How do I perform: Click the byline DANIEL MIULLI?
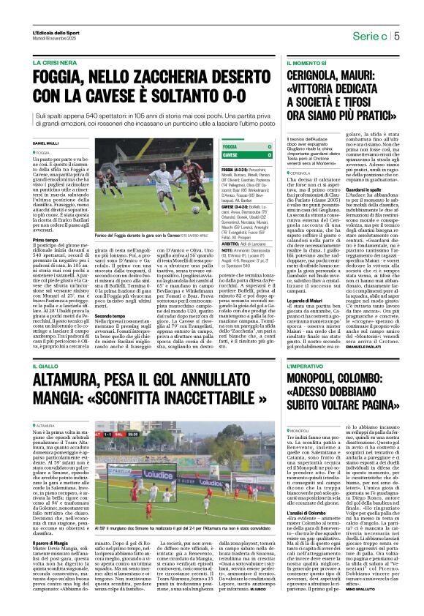point(46,143)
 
